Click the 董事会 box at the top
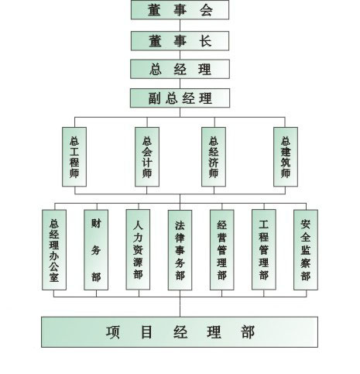pyautogui.click(x=180, y=10)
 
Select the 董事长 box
pyautogui.click(x=180, y=41)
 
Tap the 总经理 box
pyautogui.click(x=180, y=69)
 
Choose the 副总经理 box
pyautogui.click(x=180, y=98)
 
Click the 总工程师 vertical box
pyautogui.click(x=74, y=156)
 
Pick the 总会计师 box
pyautogui.click(x=147, y=156)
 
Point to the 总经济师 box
pyautogui.click(x=214, y=156)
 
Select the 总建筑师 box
pyautogui.click(x=286, y=156)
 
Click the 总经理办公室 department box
pyautogui.click(x=54, y=250)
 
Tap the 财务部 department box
pyautogui.click(x=96, y=250)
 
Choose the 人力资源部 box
pyautogui.click(x=138, y=249)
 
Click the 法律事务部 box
pyautogui.click(x=180, y=250)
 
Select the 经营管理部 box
pyautogui.click(x=222, y=250)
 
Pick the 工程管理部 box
pyautogui.click(x=264, y=249)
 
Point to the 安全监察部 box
pyautogui.click(x=306, y=250)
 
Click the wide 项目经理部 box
pyautogui.click(x=180, y=332)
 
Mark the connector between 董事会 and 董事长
pyautogui.click(x=180, y=26)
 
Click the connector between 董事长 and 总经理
pyautogui.click(x=180, y=55)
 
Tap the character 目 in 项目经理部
pyautogui.click(x=146, y=332)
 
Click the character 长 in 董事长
pyautogui.click(x=205, y=41)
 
